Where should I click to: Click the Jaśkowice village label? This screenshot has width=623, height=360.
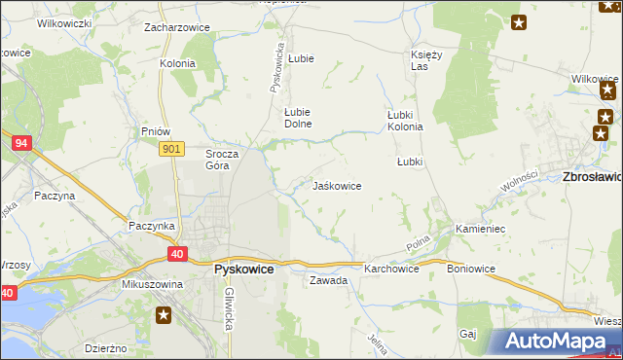(337, 186)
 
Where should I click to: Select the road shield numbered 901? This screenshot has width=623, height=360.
(171, 148)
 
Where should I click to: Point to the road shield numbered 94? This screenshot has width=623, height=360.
(20, 143)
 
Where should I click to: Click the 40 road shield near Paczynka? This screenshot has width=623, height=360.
(176, 254)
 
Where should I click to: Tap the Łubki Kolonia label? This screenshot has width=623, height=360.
(404, 121)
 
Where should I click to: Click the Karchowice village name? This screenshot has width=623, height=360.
(391, 269)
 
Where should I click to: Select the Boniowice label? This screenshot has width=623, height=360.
(471, 269)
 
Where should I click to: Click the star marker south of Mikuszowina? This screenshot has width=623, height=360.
(165, 314)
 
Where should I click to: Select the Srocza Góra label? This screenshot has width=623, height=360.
(217, 160)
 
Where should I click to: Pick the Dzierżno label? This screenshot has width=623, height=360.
(106, 347)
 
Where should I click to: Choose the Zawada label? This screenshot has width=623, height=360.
(328, 280)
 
